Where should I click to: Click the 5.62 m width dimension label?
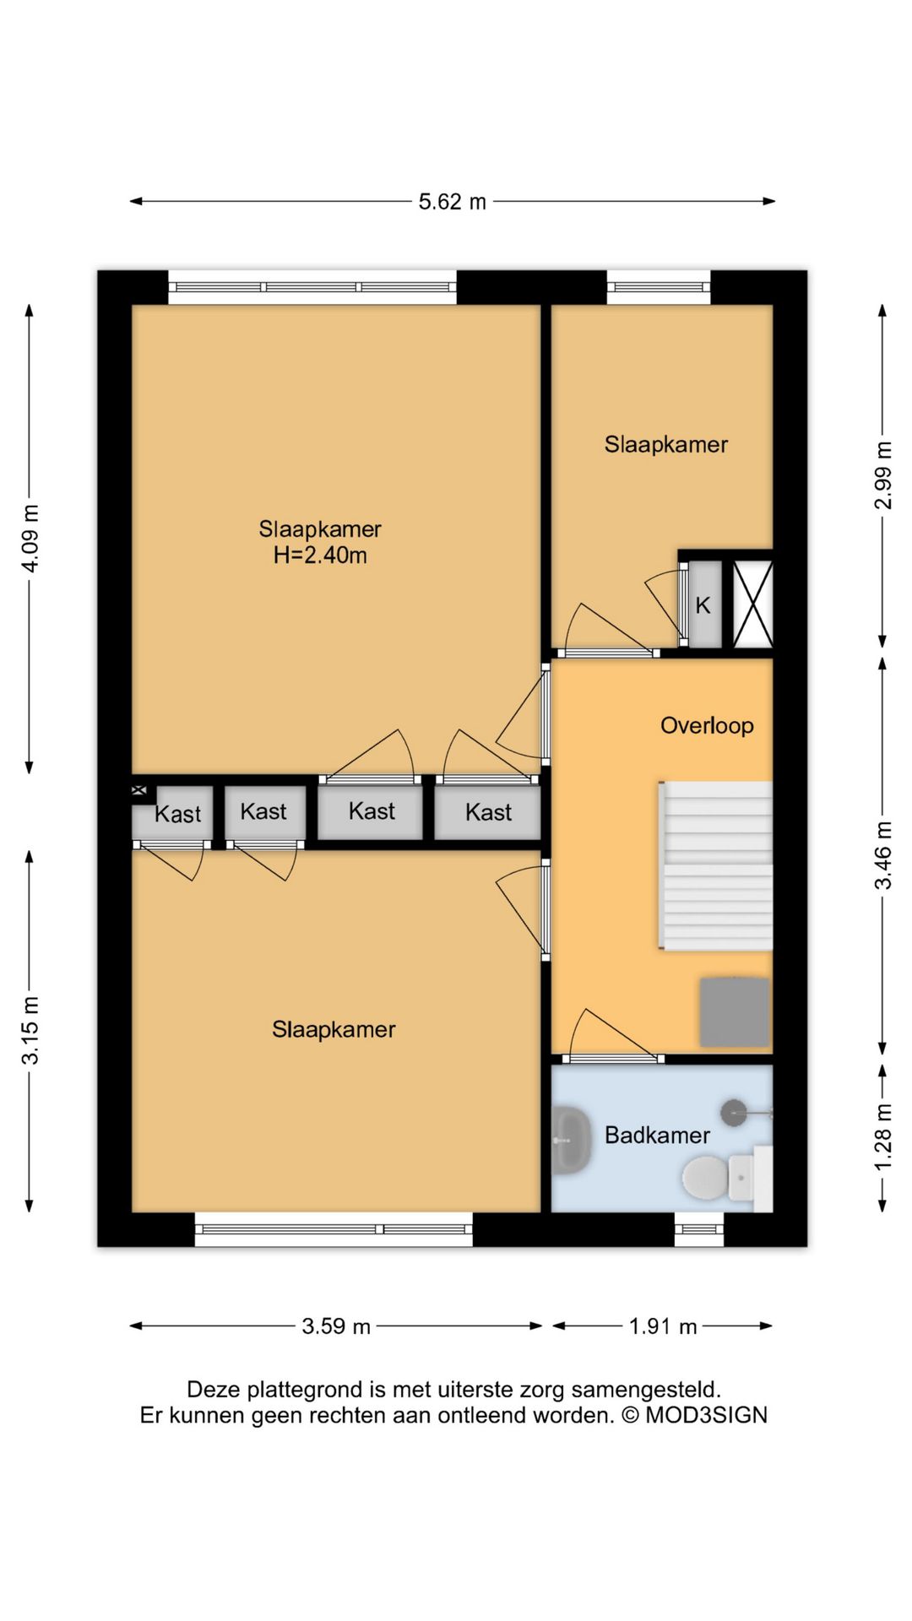click(x=453, y=202)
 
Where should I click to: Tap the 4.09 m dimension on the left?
click(x=30, y=538)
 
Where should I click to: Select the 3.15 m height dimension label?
click(x=30, y=1030)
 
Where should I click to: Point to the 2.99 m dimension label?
click(x=882, y=475)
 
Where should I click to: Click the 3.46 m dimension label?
click(x=882, y=855)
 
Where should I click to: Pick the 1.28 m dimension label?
click(x=882, y=1137)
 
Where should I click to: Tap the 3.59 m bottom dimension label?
click(x=336, y=1326)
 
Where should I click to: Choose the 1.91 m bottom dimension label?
click(x=663, y=1326)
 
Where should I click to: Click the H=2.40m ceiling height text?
click(x=320, y=556)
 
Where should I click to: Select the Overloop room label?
click(x=707, y=726)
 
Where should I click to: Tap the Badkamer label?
click(x=657, y=1136)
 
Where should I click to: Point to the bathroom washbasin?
click(x=571, y=1141)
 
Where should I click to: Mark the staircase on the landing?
click(x=715, y=865)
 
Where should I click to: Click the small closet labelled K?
click(x=704, y=604)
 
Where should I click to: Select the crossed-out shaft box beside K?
click(x=752, y=604)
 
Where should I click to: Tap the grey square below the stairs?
click(x=734, y=1012)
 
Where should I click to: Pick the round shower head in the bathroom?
click(x=733, y=1112)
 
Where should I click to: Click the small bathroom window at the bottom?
click(x=699, y=1229)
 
